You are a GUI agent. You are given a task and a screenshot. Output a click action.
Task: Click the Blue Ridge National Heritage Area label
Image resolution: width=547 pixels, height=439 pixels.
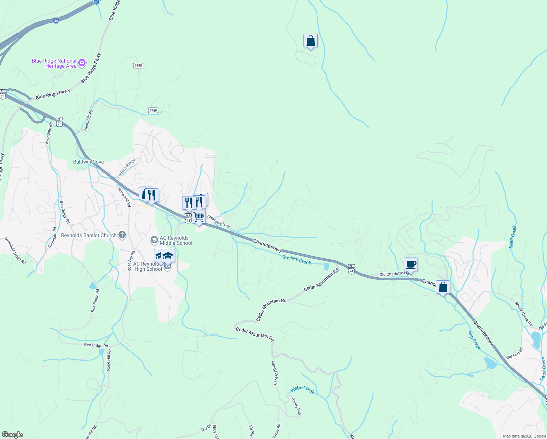point(54,64)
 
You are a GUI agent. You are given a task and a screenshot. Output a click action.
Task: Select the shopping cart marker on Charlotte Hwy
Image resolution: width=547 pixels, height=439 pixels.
point(199,217)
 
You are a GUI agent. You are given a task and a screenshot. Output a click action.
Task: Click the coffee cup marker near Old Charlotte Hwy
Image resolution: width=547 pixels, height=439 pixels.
point(411,264)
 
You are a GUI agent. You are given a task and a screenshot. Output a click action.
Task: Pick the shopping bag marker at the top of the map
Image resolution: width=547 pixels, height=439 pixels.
point(310,40)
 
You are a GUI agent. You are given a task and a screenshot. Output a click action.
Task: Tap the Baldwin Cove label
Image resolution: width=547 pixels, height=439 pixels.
point(88,162)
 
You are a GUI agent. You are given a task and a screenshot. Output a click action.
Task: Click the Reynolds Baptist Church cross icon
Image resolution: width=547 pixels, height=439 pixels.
point(122,235)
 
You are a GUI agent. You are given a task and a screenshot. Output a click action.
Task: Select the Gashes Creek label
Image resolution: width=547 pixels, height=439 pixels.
point(297,260)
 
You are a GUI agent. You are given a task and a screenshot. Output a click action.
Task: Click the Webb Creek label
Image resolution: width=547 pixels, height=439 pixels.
point(302,390)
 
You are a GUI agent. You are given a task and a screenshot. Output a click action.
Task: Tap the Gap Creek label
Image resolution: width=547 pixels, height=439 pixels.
point(475,341)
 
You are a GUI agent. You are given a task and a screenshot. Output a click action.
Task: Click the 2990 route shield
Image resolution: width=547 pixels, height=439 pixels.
point(138,65)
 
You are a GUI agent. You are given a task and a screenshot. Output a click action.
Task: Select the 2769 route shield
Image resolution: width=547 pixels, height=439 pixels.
point(153,110)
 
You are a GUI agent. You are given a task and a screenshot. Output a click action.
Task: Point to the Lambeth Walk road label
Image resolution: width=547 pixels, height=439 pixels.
point(275,373)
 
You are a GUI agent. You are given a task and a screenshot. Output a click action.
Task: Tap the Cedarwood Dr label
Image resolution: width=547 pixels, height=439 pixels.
point(127,169)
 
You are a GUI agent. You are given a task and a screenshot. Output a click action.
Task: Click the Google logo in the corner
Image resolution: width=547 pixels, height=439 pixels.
point(12,435)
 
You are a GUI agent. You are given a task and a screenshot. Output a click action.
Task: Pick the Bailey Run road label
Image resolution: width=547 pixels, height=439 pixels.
point(296,406)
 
